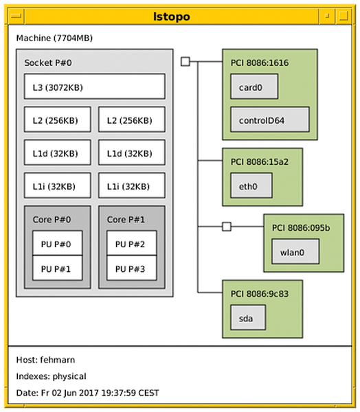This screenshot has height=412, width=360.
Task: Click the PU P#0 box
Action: pos(57,243)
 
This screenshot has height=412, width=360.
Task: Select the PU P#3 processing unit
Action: pos(132,268)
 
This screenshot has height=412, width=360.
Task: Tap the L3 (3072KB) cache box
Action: pos(95,87)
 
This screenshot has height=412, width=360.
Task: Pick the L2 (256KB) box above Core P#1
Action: pos(132,119)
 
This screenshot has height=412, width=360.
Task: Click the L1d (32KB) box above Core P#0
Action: pos(58,152)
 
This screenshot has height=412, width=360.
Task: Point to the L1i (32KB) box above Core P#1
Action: pos(132,185)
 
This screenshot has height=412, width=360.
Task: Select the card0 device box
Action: pos(254,87)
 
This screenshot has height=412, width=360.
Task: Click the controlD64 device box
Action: pos(270,119)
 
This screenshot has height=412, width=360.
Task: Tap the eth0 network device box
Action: pos(251,185)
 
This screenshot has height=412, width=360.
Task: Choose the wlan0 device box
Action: pos(295,251)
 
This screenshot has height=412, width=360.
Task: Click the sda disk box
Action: pos(248,317)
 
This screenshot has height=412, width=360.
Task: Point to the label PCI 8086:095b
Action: pos(301,228)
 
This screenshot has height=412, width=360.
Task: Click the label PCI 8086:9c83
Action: pos(260,294)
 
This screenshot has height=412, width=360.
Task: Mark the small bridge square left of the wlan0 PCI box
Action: pos(227,227)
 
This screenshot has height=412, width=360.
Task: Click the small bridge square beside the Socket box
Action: pos(185,62)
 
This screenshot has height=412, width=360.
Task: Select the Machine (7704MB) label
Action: pos(54,38)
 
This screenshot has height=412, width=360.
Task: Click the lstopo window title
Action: pos(172,16)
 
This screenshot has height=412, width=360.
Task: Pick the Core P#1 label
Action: pos(126,220)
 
